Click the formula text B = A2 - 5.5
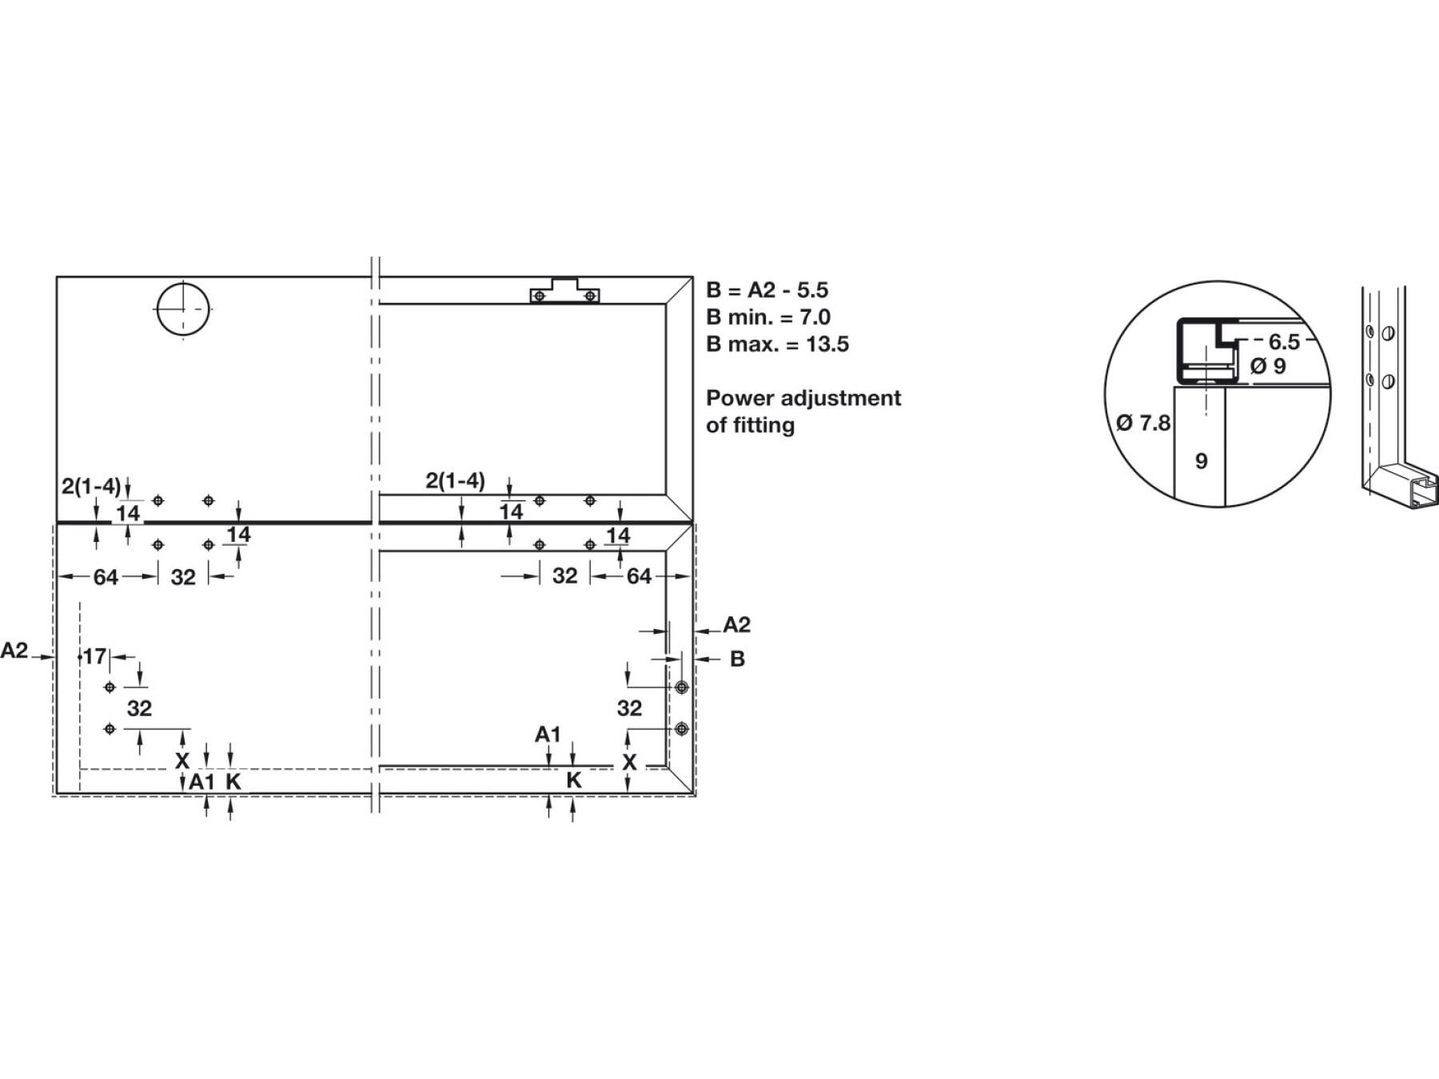pyautogui.click(x=767, y=289)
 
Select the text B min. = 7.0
pyautogui.click(x=768, y=317)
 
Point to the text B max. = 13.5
pyautogui.click(x=777, y=344)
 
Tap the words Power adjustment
pyautogui.click(x=803, y=398)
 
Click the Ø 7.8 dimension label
pyautogui.click(x=1143, y=423)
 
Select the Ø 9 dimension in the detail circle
pyautogui.click(x=1269, y=366)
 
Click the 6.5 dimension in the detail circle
pyautogui.click(x=1284, y=342)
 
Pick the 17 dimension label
pyautogui.click(x=94, y=656)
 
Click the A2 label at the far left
pyautogui.click(x=14, y=651)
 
